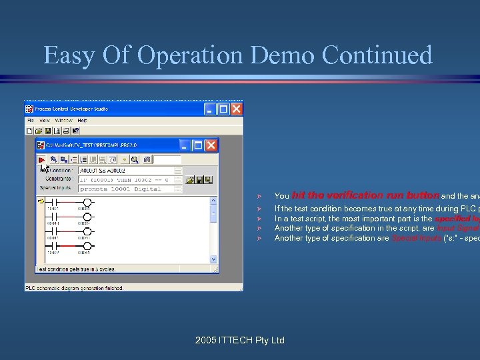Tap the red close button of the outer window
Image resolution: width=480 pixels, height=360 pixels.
click(237, 108)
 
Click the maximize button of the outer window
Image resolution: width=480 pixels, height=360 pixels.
click(223, 108)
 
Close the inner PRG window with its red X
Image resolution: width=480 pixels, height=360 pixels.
click(211, 145)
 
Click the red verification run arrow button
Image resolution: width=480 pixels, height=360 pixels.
click(41, 160)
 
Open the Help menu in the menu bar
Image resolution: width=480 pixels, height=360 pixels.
click(82, 121)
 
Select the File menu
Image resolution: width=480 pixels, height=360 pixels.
click(30, 121)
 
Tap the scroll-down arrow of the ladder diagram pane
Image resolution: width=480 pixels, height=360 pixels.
click(213, 259)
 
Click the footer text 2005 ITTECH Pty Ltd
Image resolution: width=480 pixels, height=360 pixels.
click(240, 340)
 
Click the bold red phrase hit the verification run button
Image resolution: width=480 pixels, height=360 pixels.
click(365, 196)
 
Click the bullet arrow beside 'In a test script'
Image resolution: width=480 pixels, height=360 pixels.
click(266, 219)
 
